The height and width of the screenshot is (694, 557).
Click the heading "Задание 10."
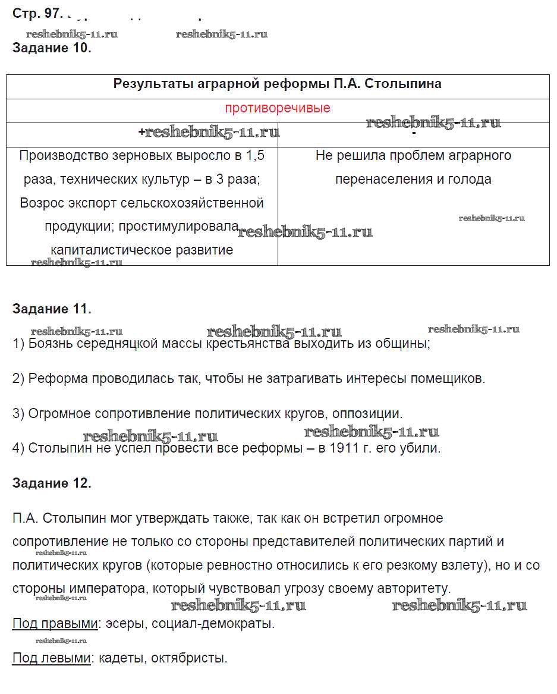click(x=52, y=48)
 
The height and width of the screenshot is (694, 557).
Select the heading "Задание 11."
click(x=52, y=309)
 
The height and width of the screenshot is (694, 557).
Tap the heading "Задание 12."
click(x=52, y=483)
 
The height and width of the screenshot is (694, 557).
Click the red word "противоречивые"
click(x=278, y=108)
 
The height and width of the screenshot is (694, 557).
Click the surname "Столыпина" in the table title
click(x=402, y=83)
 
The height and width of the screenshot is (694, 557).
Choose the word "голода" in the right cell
click(x=470, y=179)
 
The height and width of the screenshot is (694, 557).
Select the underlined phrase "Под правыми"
click(x=55, y=624)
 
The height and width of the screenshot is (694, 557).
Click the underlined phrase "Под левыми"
click(x=52, y=658)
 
